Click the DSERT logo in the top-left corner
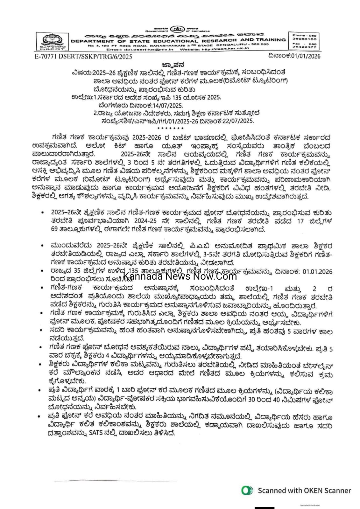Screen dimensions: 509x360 click(x=53, y=42)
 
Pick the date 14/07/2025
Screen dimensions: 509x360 click(x=167, y=105)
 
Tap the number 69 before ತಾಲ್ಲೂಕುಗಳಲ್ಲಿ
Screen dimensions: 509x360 click(x=56, y=229)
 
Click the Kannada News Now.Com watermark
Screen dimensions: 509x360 click(x=180, y=275)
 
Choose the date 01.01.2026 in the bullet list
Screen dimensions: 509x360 click(x=317, y=271)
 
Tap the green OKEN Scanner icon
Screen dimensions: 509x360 click(x=247, y=490)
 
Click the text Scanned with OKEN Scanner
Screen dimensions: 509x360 click(x=304, y=491)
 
